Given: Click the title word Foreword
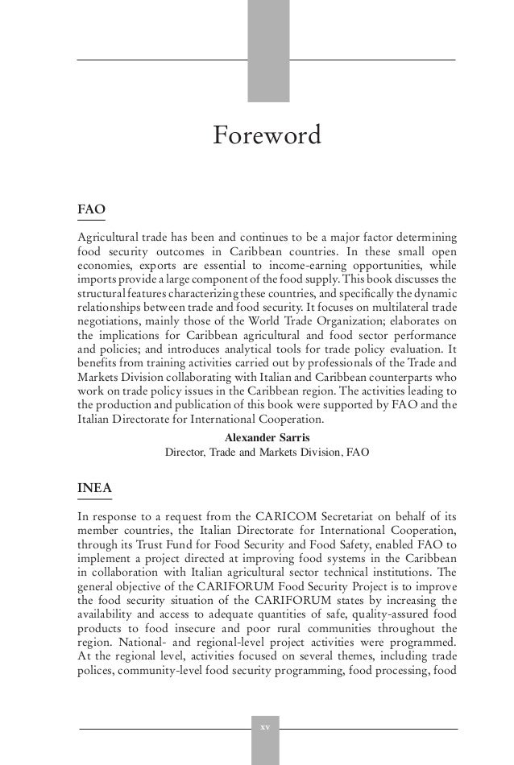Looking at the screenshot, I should [266, 135].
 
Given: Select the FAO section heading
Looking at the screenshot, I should [91, 209].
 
